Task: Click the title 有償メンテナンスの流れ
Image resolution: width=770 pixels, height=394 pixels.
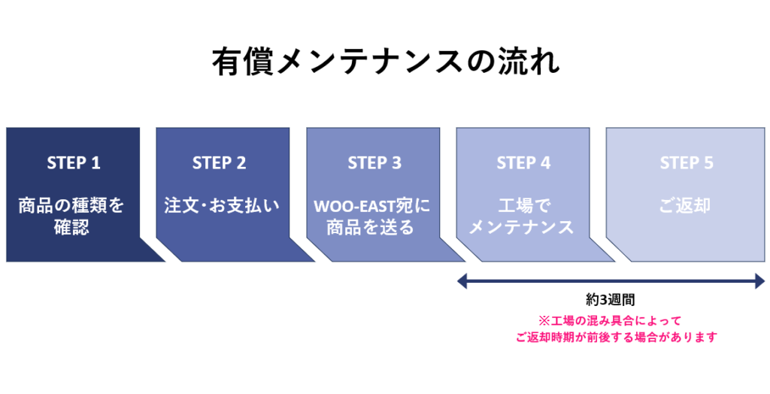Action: tap(386, 62)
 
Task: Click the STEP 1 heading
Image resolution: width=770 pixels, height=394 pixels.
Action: tap(74, 162)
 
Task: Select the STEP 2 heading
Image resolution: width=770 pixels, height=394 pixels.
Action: tap(219, 162)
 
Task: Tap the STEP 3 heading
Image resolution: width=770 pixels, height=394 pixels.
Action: tap(374, 162)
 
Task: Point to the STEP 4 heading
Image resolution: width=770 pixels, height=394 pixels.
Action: tap(523, 162)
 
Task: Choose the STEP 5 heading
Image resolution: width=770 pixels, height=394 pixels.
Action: tap(686, 162)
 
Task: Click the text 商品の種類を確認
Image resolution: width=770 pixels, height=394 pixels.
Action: tap(71, 216)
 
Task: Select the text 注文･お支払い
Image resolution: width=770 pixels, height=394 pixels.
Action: tap(222, 205)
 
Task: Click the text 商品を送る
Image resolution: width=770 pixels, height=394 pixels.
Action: tap(370, 228)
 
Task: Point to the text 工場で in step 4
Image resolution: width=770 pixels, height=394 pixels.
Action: tap(522, 205)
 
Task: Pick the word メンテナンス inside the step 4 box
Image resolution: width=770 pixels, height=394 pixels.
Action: tap(522, 228)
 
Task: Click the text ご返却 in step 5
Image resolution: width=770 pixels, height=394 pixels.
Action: tap(684, 205)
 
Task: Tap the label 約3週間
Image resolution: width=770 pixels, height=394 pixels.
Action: tap(611, 300)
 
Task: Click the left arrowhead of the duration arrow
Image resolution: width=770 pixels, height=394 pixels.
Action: tap(462, 281)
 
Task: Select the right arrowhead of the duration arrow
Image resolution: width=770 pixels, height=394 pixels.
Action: tap(759, 281)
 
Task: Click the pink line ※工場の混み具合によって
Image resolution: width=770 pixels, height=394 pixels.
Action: tap(611, 321)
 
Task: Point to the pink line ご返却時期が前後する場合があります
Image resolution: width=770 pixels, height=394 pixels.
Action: tap(617, 337)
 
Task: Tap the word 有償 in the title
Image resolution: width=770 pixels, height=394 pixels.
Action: tap(243, 62)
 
